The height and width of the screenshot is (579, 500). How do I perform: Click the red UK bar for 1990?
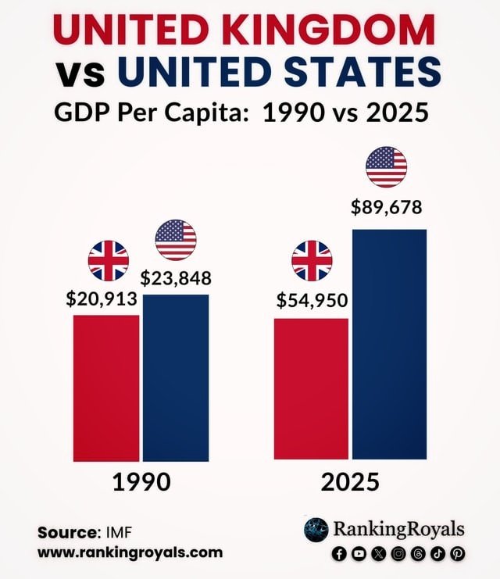coord(106,388)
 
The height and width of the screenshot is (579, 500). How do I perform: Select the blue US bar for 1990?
coord(176,377)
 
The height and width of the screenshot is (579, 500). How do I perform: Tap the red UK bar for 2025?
coord(311,389)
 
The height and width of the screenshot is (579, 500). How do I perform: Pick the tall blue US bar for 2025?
coord(390,344)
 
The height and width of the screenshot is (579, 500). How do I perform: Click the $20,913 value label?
coord(102,298)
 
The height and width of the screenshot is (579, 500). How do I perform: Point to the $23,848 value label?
coord(176,278)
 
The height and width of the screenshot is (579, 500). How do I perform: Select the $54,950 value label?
coord(312,300)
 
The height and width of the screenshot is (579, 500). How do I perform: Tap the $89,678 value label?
coord(386,207)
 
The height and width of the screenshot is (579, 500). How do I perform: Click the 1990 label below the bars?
coord(142,482)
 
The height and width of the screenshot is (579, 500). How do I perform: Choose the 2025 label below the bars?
coord(350,482)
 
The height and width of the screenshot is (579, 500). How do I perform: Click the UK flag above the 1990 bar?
coord(108,261)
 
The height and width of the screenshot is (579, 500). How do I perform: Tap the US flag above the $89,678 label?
coord(386,167)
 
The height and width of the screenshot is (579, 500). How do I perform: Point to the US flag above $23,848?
coord(176,240)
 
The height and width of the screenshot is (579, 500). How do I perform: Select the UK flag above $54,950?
coord(312,261)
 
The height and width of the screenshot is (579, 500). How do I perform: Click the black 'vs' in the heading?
coord(80,74)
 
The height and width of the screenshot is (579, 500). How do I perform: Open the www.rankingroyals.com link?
coord(130,552)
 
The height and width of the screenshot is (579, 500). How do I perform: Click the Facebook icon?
coord(339,553)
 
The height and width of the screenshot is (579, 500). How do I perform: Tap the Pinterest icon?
coord(458,553)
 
